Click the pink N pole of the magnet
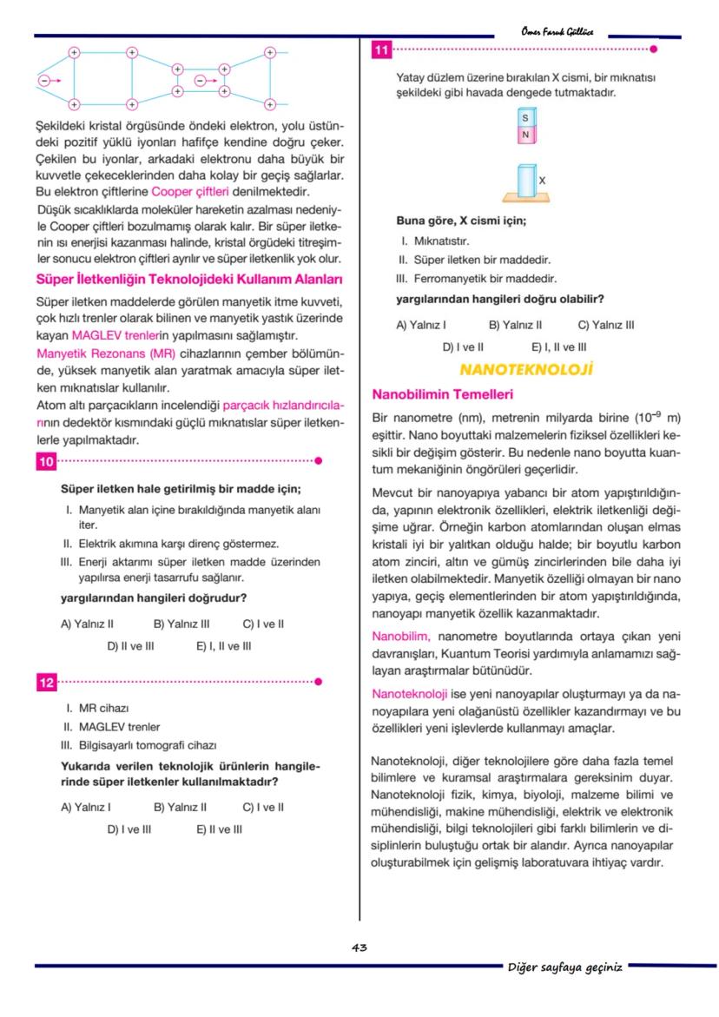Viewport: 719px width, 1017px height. coord(524,135)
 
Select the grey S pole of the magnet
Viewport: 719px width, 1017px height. coord(524,117)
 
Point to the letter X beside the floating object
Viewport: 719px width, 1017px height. coord(542,179)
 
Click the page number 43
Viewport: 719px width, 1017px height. coord(359,948)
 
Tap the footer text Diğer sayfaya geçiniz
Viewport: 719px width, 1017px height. coord(564,967)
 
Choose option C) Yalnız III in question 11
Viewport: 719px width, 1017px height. coord(606,325)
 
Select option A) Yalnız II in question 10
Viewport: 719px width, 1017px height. coord(88,624)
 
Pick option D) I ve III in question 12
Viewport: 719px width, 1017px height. coord(129,829)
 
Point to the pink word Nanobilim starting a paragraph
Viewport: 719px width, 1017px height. coord(395,636)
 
